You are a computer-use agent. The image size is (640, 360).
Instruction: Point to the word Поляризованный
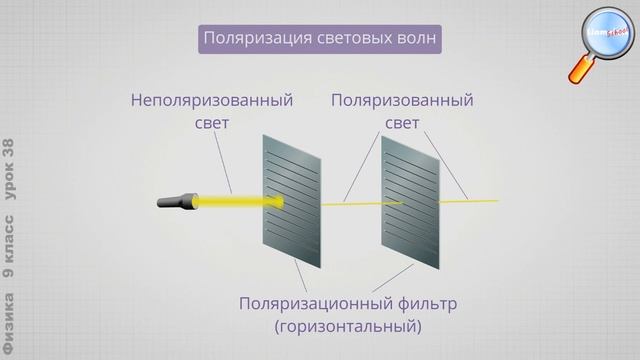coord(402,101)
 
